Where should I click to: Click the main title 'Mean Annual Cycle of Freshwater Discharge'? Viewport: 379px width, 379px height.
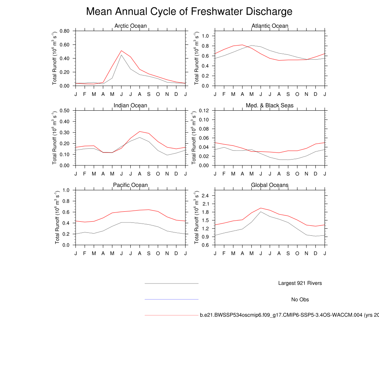(189, 11)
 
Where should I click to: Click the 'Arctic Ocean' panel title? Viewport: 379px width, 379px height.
(130, 26)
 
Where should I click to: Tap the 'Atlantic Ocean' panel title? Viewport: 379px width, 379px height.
(270, 26)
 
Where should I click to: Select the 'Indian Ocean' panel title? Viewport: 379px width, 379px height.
(130, 105)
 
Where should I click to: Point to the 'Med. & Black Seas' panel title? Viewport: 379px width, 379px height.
(270, 105)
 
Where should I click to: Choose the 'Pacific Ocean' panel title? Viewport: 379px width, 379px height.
(130, 185)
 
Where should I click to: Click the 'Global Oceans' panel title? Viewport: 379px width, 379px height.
(270, 185)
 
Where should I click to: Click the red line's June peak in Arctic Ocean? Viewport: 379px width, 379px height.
(121, 51)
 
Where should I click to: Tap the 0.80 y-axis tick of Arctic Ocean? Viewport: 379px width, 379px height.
(65, 31)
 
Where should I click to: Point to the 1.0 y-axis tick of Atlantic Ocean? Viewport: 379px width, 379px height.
(206, 36)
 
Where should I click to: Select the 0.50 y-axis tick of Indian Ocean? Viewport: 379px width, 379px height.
(65, 111)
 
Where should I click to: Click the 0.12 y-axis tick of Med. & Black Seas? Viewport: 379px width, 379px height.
(204, 111)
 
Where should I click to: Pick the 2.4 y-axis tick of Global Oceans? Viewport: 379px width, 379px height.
(206, 195)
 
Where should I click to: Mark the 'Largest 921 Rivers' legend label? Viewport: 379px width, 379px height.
(300, 283)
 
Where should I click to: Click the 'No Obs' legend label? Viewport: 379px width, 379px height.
(300, 299)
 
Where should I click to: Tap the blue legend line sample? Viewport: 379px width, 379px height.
(171, 299)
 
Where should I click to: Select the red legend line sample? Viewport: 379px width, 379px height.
(171, 315)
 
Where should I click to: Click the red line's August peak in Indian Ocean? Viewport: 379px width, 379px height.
(140, 131)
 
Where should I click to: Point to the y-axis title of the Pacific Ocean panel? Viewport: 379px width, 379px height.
(57, 217)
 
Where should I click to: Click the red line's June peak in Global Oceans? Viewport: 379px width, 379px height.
(261, 208)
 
